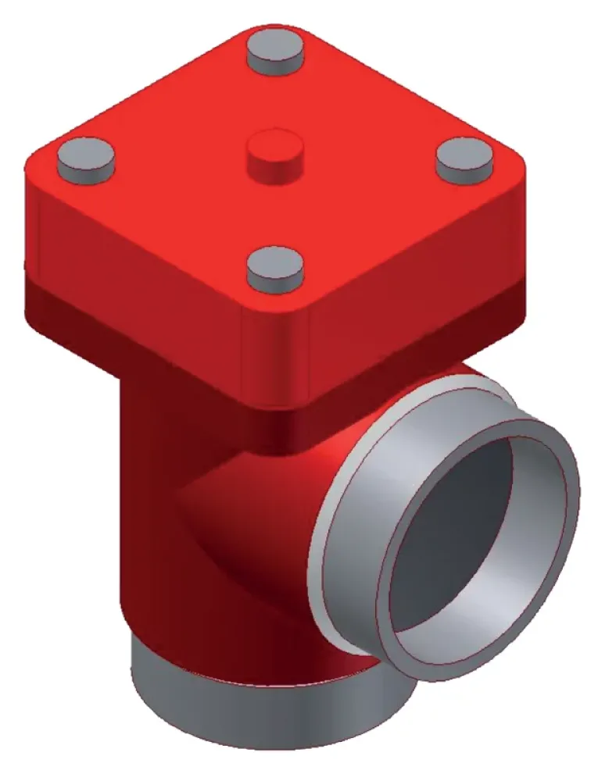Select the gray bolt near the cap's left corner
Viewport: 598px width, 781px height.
[x=85, y=157]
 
